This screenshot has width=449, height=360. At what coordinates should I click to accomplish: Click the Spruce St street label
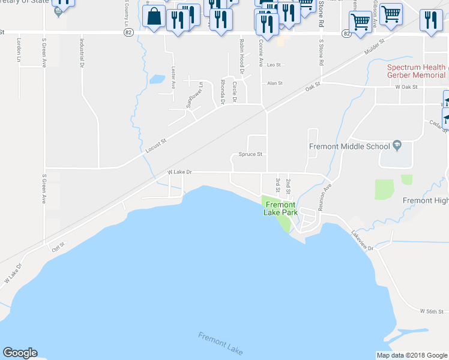[251, 154]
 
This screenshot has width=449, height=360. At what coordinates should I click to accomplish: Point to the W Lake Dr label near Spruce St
[179, 172]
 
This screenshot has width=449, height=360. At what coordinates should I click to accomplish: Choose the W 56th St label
[432, 311]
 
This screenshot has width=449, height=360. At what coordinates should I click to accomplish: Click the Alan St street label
[274, 83]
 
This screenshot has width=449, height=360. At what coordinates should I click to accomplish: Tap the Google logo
[20, 353]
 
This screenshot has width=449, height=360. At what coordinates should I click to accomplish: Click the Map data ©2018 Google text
[411, 355]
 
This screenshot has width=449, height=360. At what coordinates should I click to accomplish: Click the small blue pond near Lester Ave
[157, 79]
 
